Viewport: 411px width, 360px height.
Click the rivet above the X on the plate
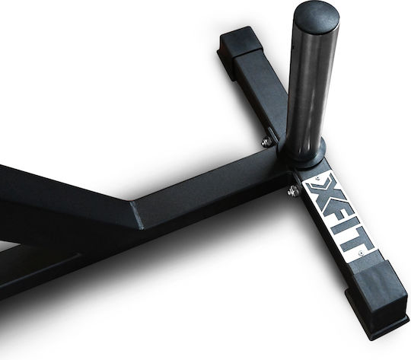coord(317,178)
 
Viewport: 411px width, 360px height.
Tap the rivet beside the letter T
coord(361,253)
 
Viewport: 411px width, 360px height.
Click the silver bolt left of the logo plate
coord(293,191)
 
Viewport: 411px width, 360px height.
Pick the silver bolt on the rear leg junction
coord(266,142)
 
